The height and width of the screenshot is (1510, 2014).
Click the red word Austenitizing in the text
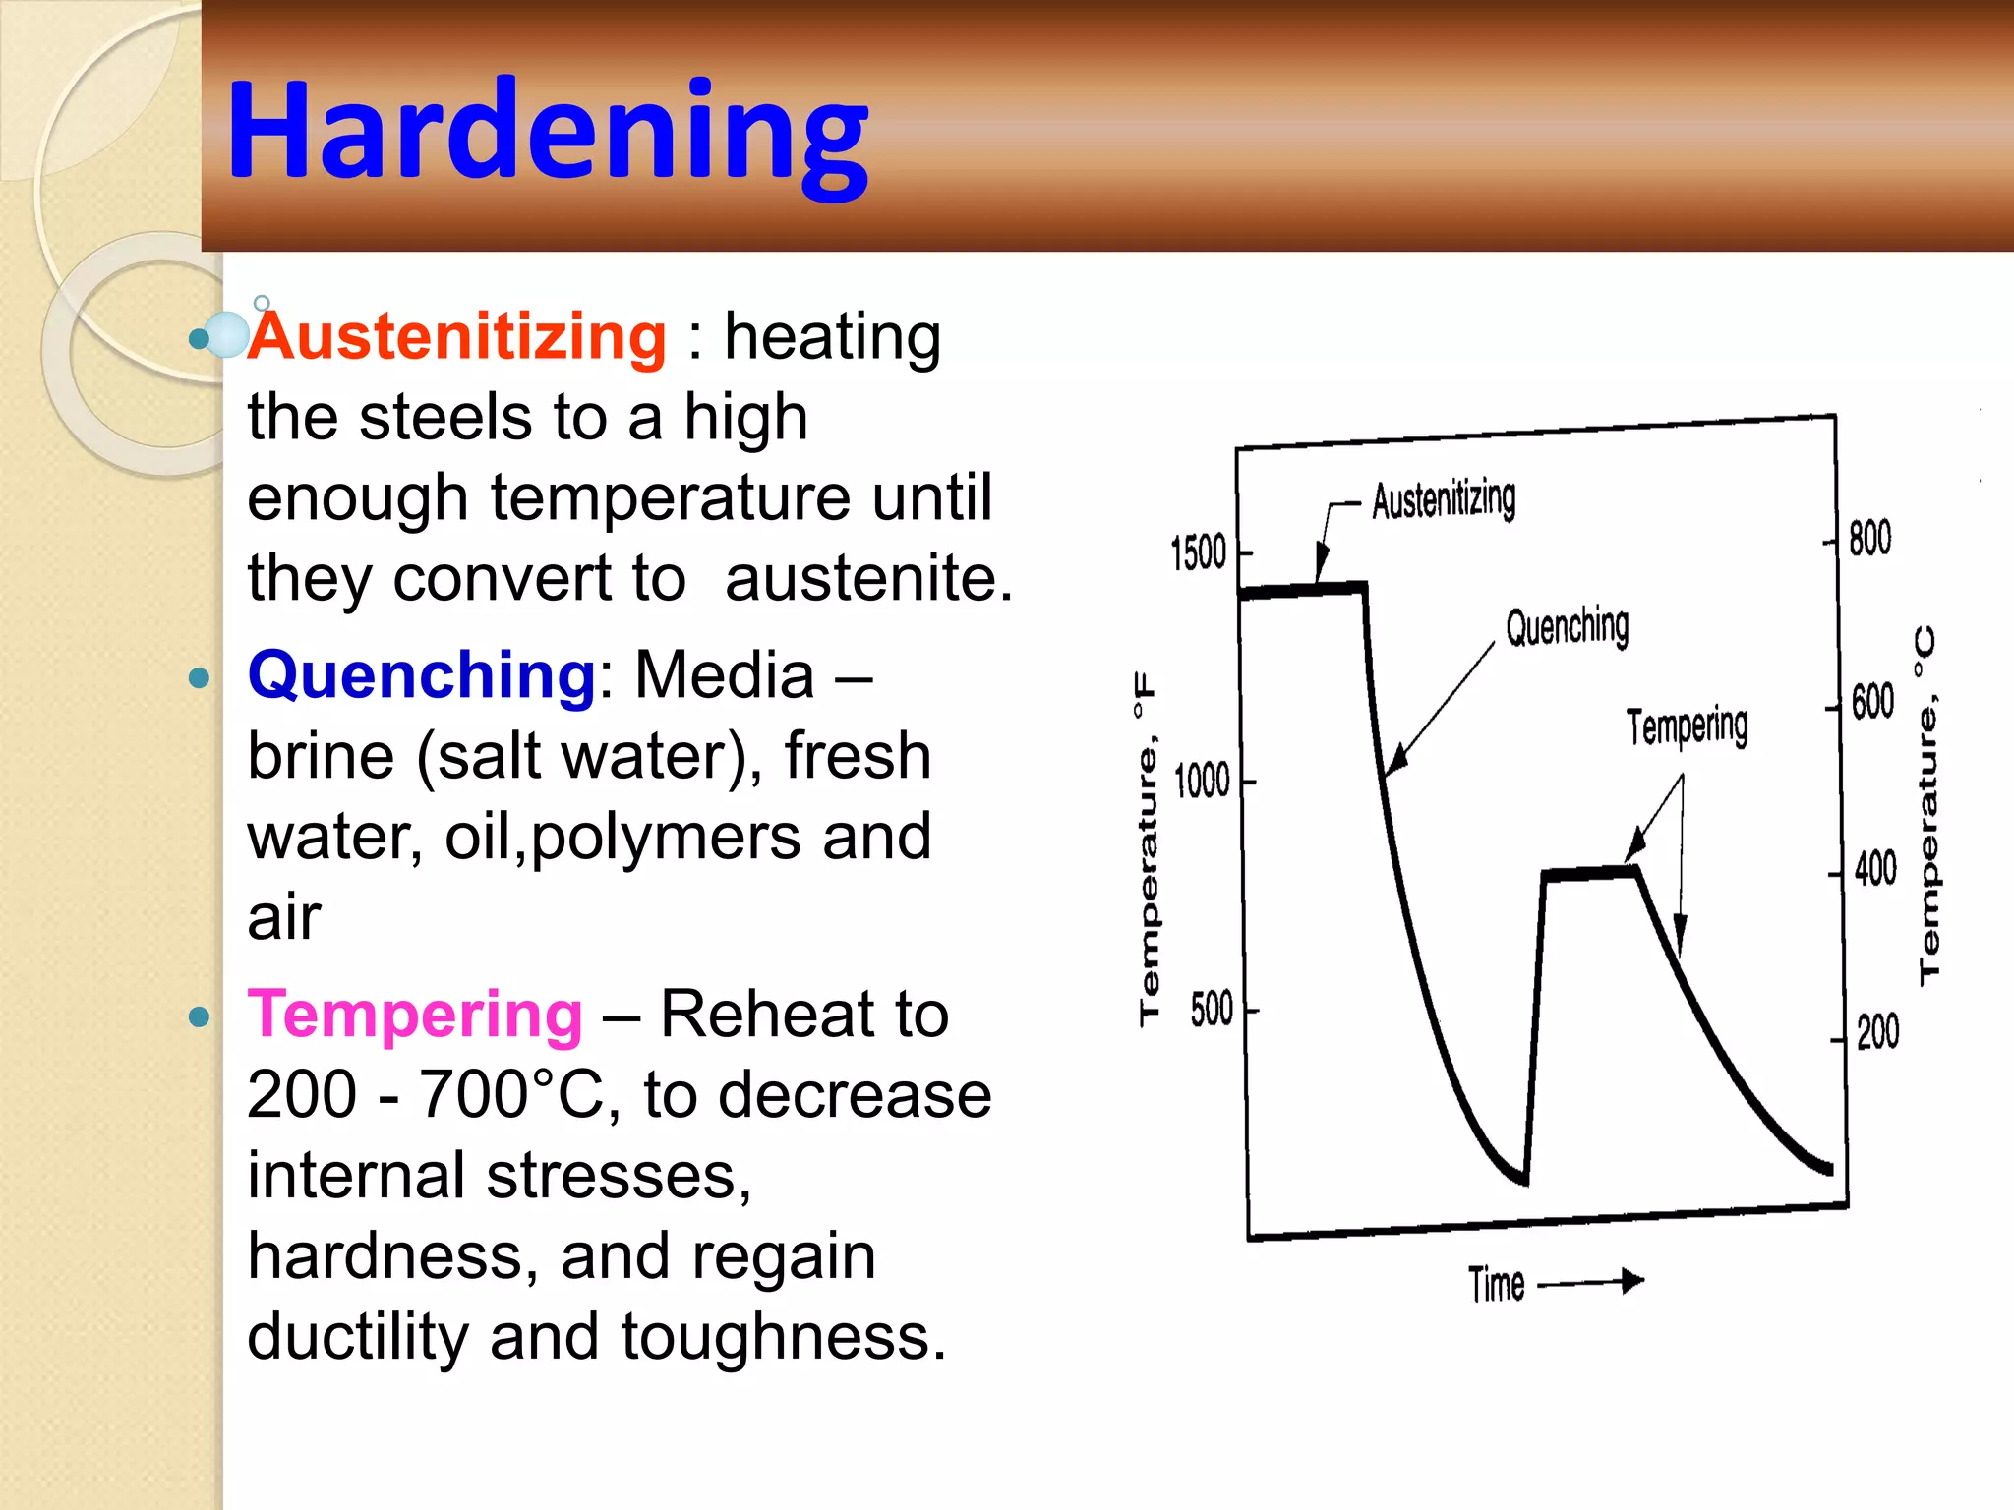457,337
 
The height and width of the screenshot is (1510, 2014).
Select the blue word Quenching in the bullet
421,675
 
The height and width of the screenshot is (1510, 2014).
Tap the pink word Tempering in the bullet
415,1015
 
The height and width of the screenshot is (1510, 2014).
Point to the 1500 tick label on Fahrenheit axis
1198,553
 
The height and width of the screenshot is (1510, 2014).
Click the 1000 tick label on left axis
1202,782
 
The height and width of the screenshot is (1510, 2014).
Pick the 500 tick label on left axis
1211,1010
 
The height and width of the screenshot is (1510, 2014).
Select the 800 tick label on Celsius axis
1869,539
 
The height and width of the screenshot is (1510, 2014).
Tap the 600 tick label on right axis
1872,703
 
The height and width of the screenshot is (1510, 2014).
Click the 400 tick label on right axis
1875,869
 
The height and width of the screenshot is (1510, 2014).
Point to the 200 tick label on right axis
1877,1033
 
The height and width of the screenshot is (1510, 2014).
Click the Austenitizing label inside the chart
1444,500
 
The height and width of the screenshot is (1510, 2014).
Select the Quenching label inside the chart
1567,626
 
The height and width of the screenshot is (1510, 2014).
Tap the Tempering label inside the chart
1687,727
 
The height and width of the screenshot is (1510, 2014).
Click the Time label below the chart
1496,1285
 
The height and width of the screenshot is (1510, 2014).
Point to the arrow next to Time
1590,1282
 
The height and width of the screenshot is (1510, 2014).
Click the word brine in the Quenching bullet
320,757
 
